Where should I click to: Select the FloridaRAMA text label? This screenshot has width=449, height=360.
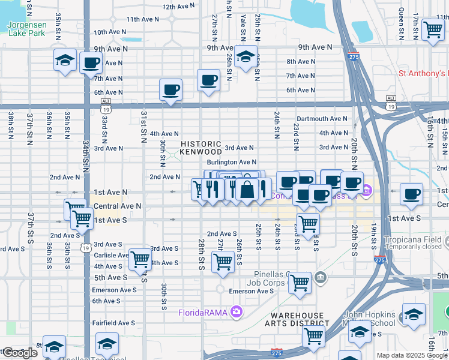tap(203, 312)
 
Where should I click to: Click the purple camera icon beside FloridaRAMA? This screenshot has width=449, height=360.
tap(237, 311)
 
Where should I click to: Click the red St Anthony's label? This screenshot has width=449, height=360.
tap(424, 74)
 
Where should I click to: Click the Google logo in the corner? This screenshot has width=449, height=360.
tap(20, 353)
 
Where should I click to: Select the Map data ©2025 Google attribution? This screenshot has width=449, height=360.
tap(412, 355)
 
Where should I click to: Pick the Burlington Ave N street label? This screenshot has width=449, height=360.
tap(232, 162)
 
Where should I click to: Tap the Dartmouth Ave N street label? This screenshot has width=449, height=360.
tap(322, 119)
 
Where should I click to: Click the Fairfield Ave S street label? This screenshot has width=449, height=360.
tap(113, 323)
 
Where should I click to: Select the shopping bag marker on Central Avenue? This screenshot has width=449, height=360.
tap(247, 190)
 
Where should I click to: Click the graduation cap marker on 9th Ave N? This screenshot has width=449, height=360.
tap(245, 57)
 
